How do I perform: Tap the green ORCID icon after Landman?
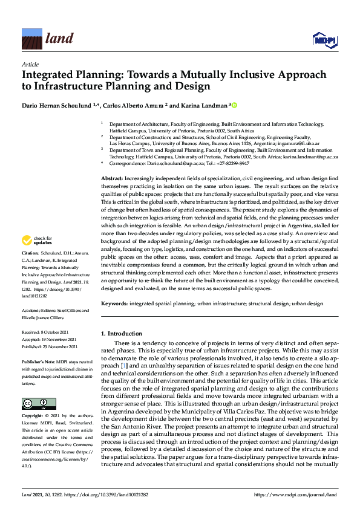tap(234, 105)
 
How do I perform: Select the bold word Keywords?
tap(114, 303)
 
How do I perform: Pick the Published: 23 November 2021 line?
tap(50, 346)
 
